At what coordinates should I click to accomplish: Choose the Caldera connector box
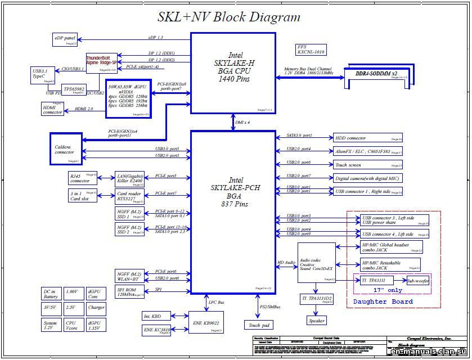click(x=66, y=148)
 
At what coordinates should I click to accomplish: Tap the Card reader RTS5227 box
click(x=129, y=196)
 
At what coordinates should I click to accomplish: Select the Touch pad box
click(x=259, y=325)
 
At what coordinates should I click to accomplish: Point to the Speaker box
click(x=316, y=320)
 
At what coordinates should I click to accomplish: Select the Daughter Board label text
click(x=383, y=301)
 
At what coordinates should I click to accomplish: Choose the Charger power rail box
click(x=96, y=308)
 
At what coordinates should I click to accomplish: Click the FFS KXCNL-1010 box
click(x=311, y=49)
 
